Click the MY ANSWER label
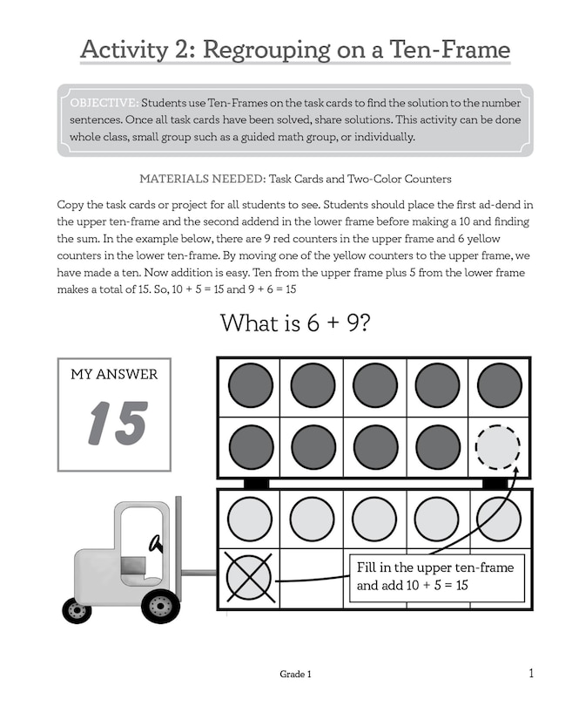[x=114, y=375]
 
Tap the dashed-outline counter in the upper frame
[x=497, y=446]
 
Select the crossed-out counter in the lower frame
[x=248, y=577]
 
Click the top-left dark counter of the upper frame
[x=250, y=385]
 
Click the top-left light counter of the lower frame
[x=250, y=519]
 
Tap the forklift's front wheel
[x=160, y=606]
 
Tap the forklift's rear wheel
[x=77, y=610]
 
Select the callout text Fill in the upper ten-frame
[x=435, y=567]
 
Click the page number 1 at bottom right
[x=530, y=672]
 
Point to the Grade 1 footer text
[x=295, y=675]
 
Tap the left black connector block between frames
[x=256, y=482]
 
